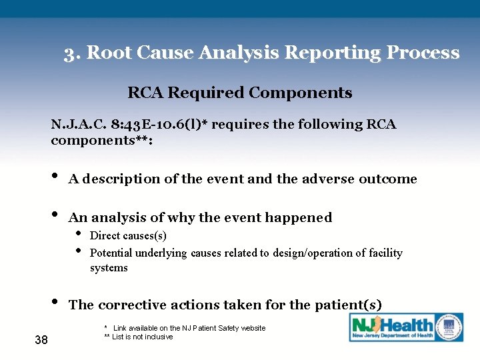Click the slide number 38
pyautogui.click(x=41, y=341)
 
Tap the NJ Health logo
pyautogui.click(x=406, y=327)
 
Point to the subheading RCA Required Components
pyautogui.click(x=239, y=93)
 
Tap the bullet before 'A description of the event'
pyautogui.click(x=54, y=177)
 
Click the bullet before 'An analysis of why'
pyautogui.click(x=54, y=216)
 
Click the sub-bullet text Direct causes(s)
pyautogui.click(x=128, y=236)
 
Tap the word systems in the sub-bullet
pyautogui.click(x=109, y=268)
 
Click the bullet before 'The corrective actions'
pyautogui.click(x=54, y=303)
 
